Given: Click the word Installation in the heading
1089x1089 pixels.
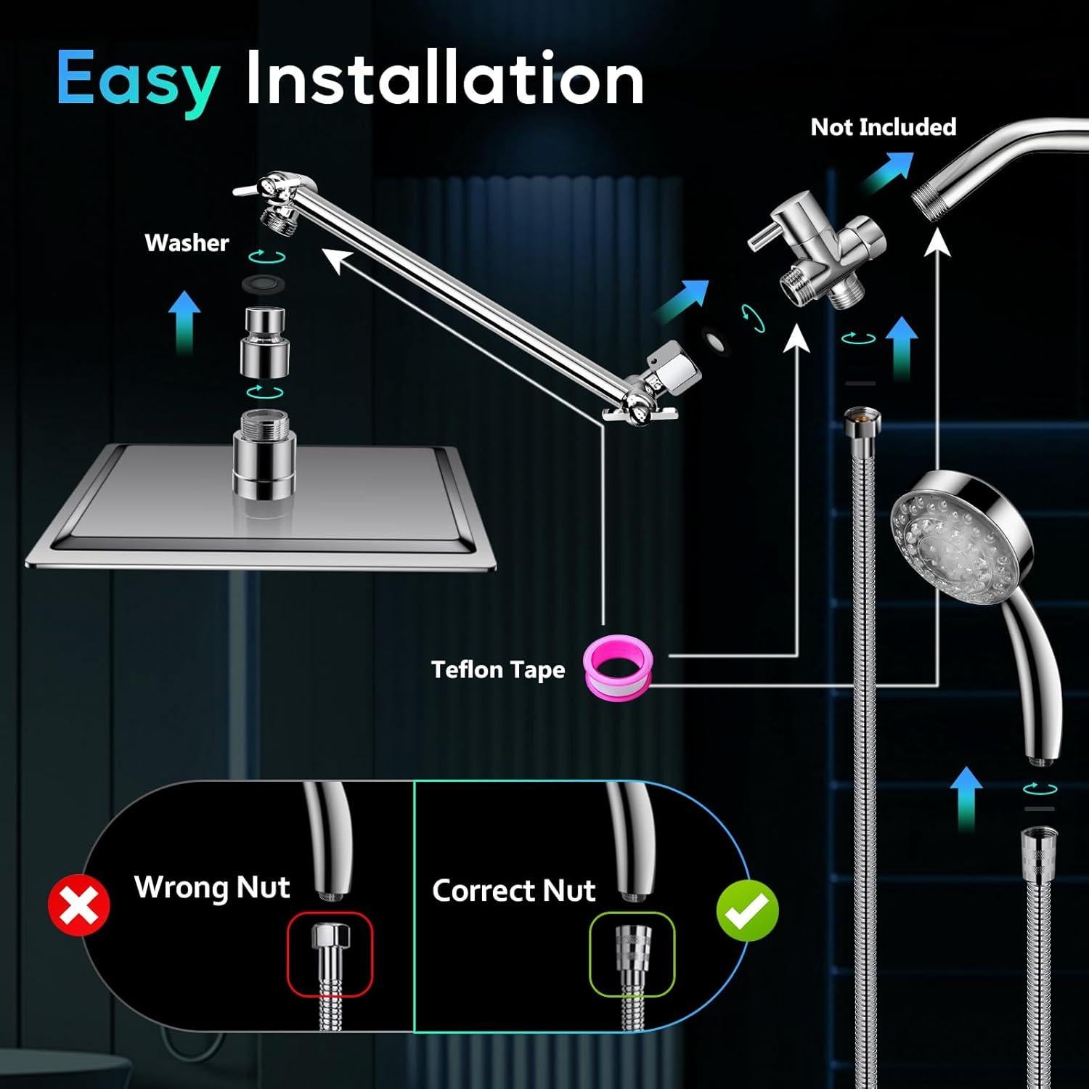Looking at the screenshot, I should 444,78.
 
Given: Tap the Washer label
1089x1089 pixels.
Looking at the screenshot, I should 187,242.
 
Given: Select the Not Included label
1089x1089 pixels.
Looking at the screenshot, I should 883,127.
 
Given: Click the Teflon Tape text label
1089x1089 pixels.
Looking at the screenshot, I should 498,669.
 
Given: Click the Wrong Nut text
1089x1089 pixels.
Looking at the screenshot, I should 212,887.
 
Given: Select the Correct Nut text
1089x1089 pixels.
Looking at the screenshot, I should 513,891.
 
